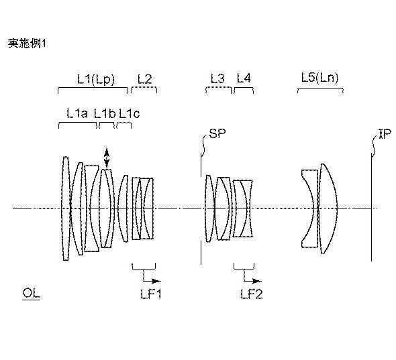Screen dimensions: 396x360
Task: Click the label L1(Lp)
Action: (x=96, y=79)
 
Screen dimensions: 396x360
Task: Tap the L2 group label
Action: (x=145, y=78)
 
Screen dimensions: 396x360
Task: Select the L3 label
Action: (x=217, y=78)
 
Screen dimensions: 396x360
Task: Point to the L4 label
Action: (x=244, y=78)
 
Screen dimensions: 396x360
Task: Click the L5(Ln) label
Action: (x=319, y=78)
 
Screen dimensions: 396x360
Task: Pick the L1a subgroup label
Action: (x=77, y=113)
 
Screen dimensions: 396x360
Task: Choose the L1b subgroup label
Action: (x=105, y=113)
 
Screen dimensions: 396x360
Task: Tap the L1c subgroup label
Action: (x=130, y=114)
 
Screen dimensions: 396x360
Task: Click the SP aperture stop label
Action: (x=217, y=133)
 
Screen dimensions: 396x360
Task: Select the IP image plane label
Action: (x=385, y=133)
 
